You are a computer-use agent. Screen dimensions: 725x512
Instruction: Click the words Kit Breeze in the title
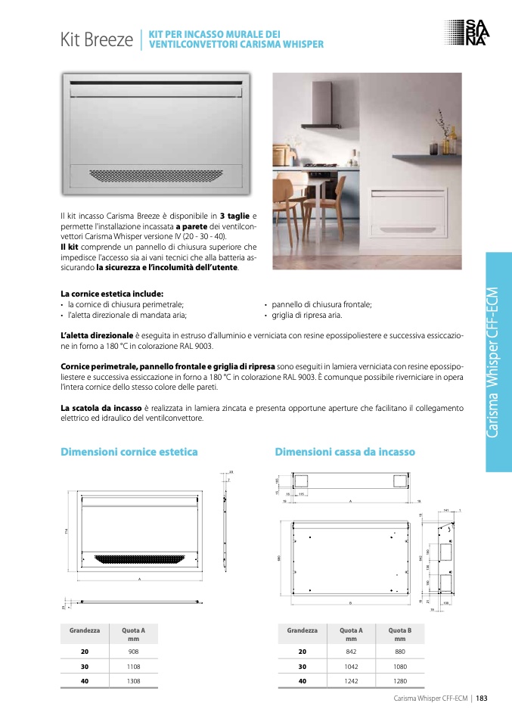(98, 40)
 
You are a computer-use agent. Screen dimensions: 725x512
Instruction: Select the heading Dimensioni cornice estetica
(129, 452)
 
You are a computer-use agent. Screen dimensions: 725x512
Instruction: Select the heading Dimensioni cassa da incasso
(345, 452)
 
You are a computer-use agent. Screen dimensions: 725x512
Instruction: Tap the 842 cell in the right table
(351, 651)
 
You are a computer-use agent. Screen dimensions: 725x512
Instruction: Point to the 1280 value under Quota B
(400, 680)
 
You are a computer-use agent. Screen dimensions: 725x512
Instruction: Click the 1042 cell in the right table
(351, 666)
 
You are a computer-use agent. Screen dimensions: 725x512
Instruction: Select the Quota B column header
(400, 633)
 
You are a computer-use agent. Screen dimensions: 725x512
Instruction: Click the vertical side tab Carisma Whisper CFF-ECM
(495, 362)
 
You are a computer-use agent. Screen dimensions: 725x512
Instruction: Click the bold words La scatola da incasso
(101, 408)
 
